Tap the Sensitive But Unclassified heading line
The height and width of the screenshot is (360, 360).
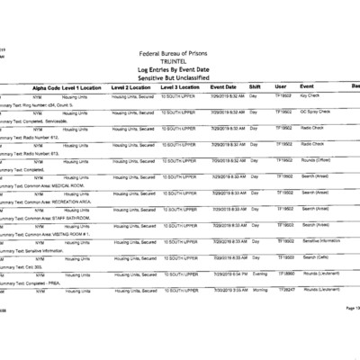[179, 76]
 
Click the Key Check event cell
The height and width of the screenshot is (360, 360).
[310, 94]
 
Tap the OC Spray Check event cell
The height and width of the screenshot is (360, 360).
[315, 111]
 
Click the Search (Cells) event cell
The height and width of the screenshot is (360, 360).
[313, 256]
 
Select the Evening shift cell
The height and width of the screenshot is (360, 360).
[258, 273]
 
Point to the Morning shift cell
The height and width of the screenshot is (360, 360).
[258, 290]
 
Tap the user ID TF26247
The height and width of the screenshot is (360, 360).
[286, 290]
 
